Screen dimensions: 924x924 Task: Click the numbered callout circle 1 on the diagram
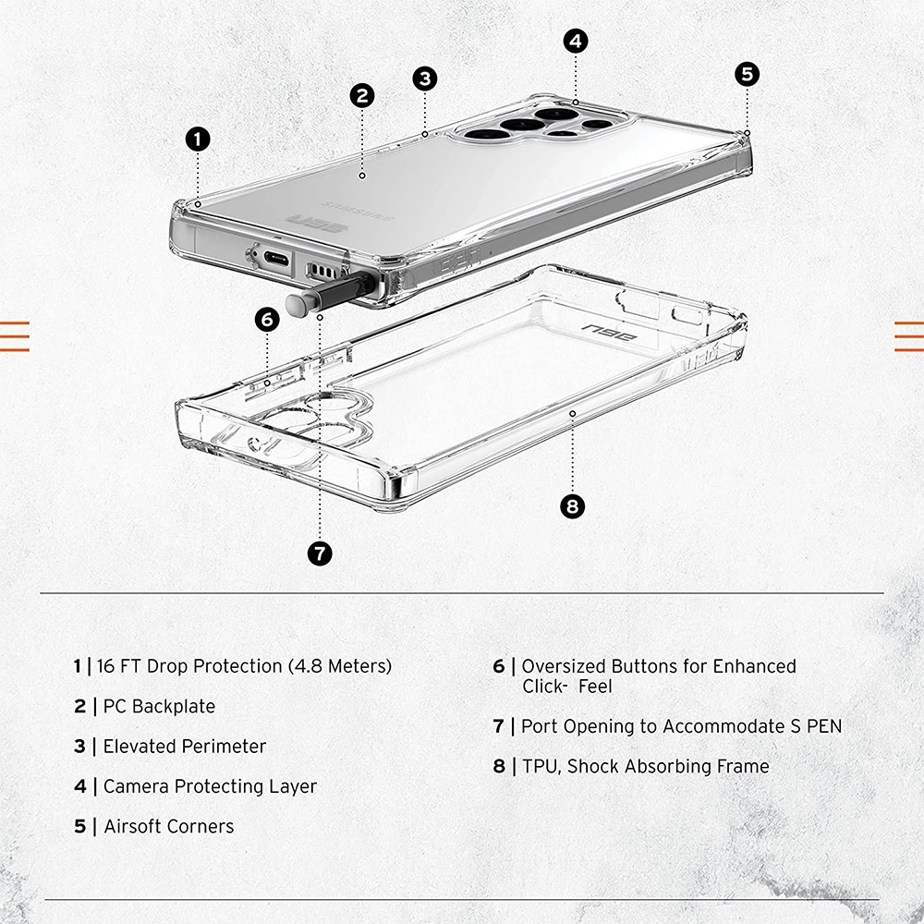[198, 140]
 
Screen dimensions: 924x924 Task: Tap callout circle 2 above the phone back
[361, 94]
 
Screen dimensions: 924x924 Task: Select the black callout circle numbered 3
[424, 78]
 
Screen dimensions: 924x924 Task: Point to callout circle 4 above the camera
[576, 41]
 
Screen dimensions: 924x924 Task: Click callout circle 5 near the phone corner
[748, 73]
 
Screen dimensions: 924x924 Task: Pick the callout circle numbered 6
[267, 320]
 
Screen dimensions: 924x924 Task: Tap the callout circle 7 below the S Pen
[319, 553]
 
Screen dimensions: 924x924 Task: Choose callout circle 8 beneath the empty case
[573, 506]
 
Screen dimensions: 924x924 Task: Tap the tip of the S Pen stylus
[295, 306]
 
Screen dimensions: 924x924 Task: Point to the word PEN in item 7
[822, 726]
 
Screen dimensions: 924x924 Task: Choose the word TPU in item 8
[541, 766]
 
